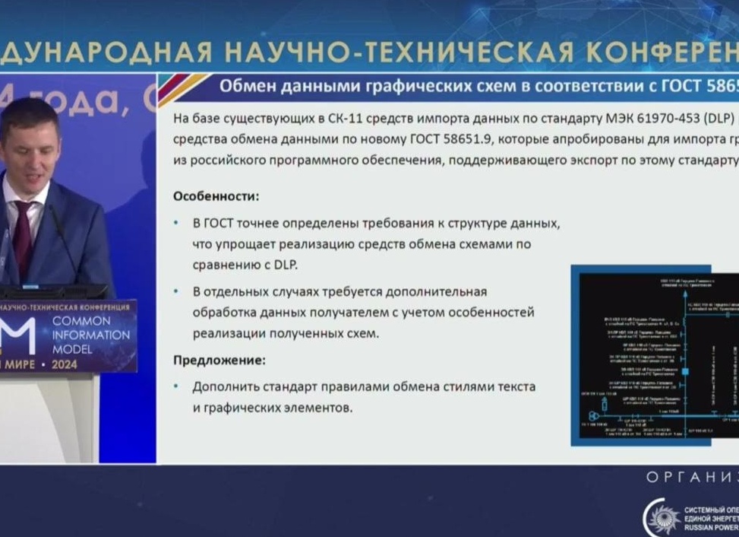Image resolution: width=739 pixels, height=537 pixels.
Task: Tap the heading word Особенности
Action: tap(216, 196)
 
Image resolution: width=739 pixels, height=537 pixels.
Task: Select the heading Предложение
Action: tap(219, 360)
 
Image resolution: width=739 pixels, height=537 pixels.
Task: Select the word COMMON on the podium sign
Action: tap(81, 322)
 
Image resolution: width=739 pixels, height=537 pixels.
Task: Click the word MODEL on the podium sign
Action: tap(73, 349)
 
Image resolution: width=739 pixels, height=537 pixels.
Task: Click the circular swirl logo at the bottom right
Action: tap(659, 518)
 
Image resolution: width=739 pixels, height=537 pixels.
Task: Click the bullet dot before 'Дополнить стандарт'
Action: tap(177, 386)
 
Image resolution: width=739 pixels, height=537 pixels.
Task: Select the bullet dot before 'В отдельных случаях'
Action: tap(177, 291)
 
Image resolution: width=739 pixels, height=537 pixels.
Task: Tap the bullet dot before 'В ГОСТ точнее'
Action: tap(177, 223)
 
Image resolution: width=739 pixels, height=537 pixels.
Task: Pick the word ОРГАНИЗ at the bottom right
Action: tap(692, 477)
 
